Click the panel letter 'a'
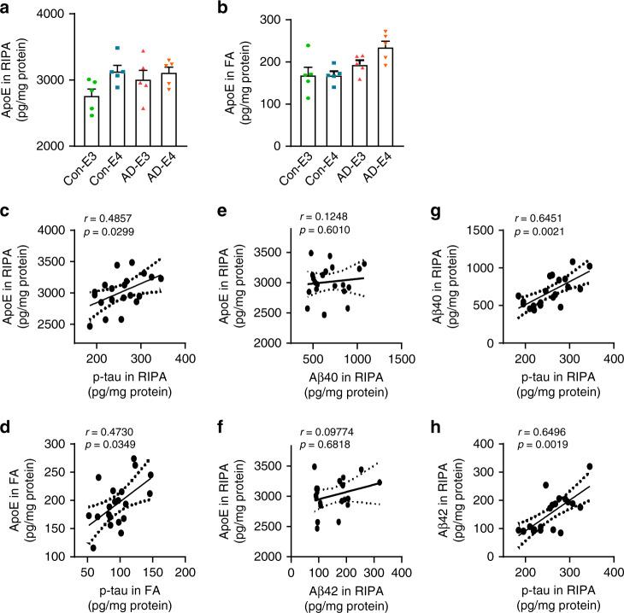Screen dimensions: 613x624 coord(8,8)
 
